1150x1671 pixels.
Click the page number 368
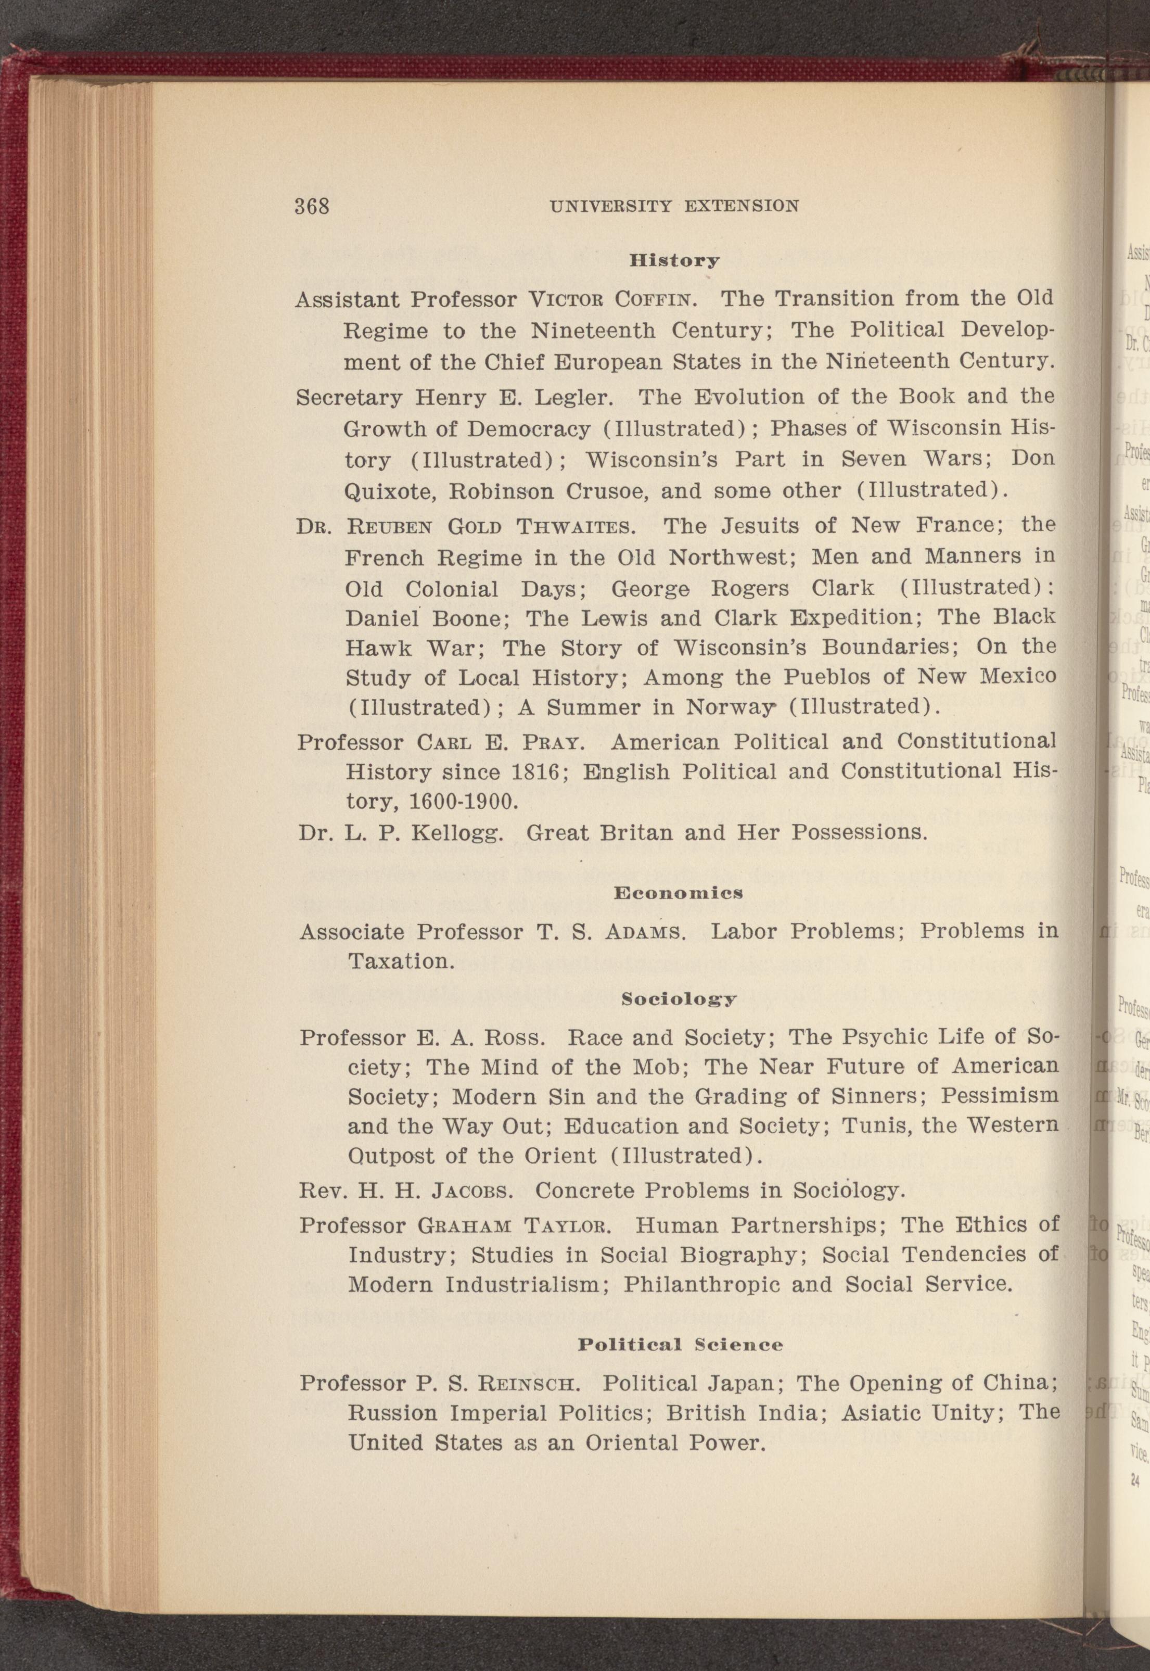311,206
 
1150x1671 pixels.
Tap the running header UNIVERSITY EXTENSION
674,206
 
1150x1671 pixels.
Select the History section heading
674,260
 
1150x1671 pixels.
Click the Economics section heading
678,893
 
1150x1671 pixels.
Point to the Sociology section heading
679,999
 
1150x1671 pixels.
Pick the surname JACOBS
471,1190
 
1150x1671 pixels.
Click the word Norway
727,708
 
